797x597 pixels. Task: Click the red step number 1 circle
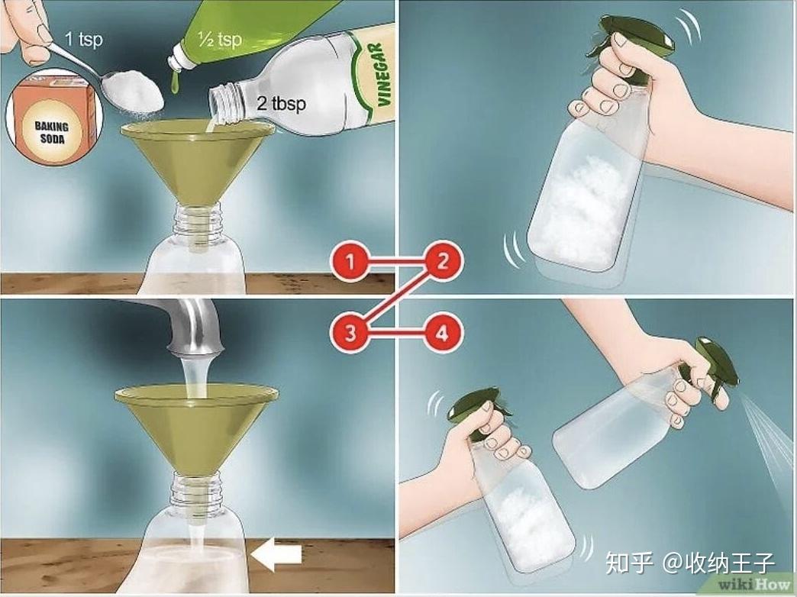350,263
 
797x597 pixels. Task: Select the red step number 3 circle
350,334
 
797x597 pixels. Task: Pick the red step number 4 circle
443,334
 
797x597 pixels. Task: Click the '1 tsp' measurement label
84,39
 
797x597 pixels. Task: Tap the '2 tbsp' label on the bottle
281,104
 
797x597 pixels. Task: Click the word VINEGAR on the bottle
382,75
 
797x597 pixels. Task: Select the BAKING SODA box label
51,132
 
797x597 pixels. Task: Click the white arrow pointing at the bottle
276,555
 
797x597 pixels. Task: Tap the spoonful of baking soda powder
135,91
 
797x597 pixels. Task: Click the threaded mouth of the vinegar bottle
223,104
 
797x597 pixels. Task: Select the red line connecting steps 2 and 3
396,298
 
